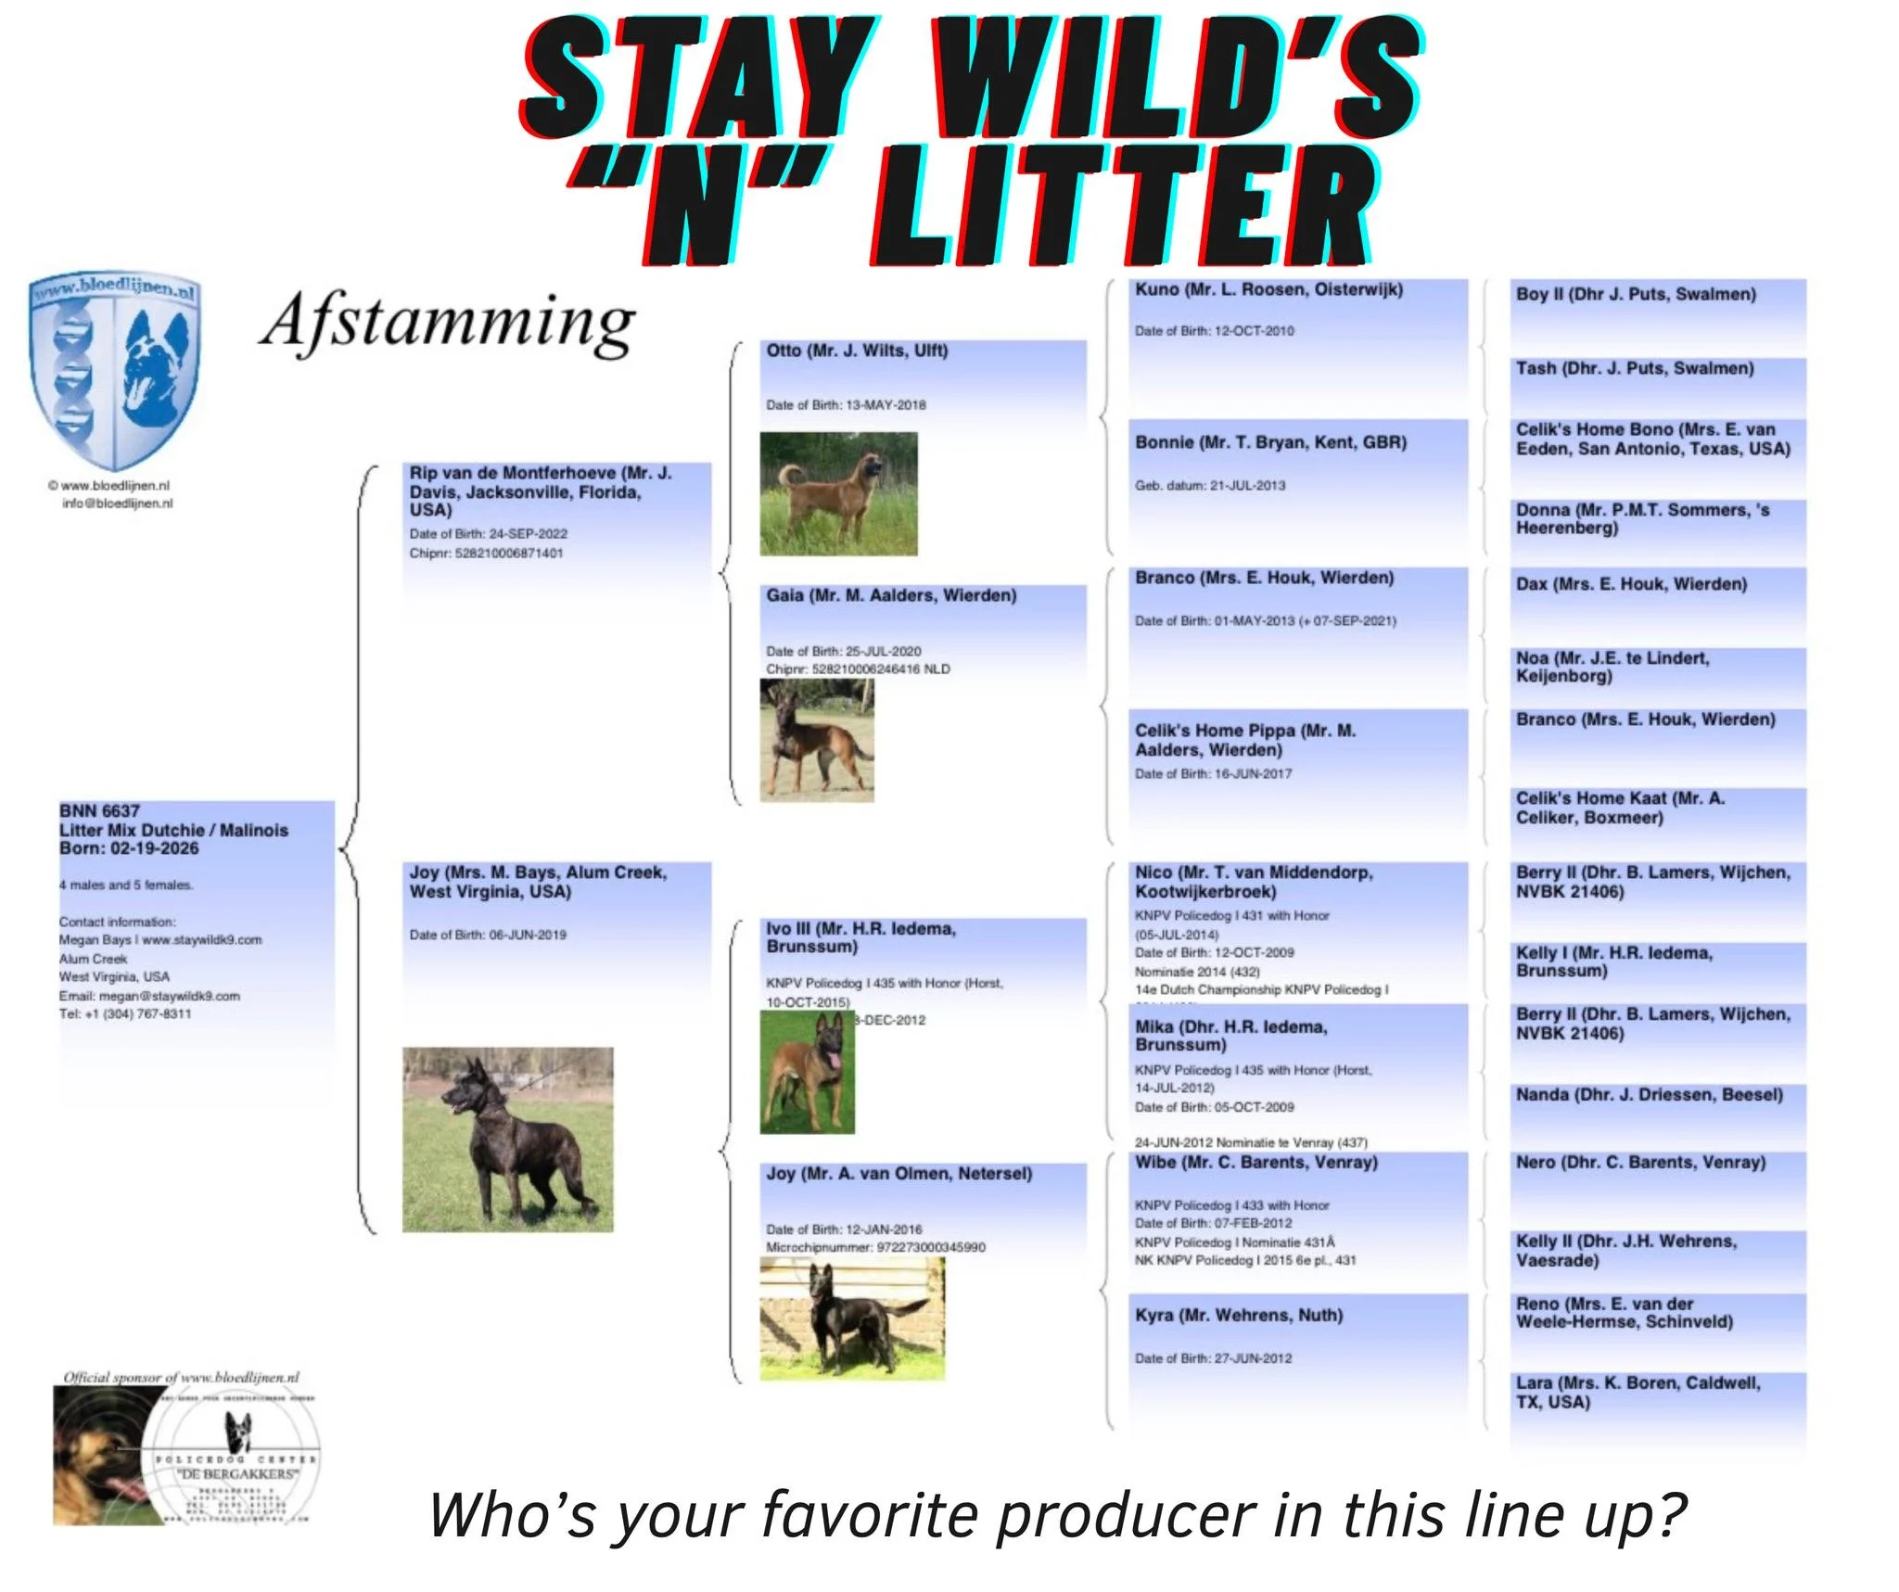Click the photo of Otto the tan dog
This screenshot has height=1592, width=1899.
[x=838, y=493]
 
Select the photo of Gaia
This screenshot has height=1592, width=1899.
[x=817, y=740]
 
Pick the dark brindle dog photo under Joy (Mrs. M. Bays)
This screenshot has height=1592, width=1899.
[x=507, y=1140]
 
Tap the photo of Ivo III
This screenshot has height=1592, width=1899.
[x=807, y=1073]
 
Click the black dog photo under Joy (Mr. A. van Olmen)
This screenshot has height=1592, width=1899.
[x=851, y=1319]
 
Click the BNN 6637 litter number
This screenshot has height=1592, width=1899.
[x=99, y=811]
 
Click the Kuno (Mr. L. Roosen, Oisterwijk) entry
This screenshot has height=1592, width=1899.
[x=1268, y=290]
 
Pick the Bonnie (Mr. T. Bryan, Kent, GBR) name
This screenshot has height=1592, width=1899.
[x=1270, y=442]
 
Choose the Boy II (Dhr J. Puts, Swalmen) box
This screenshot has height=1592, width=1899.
[x=1636, y=295]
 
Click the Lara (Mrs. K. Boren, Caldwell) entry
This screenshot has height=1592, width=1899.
[x=1638, y=1392]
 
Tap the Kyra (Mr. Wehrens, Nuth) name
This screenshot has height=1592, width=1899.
[x=1239, y=1315]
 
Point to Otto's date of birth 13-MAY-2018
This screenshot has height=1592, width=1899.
[x=885, y=405]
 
